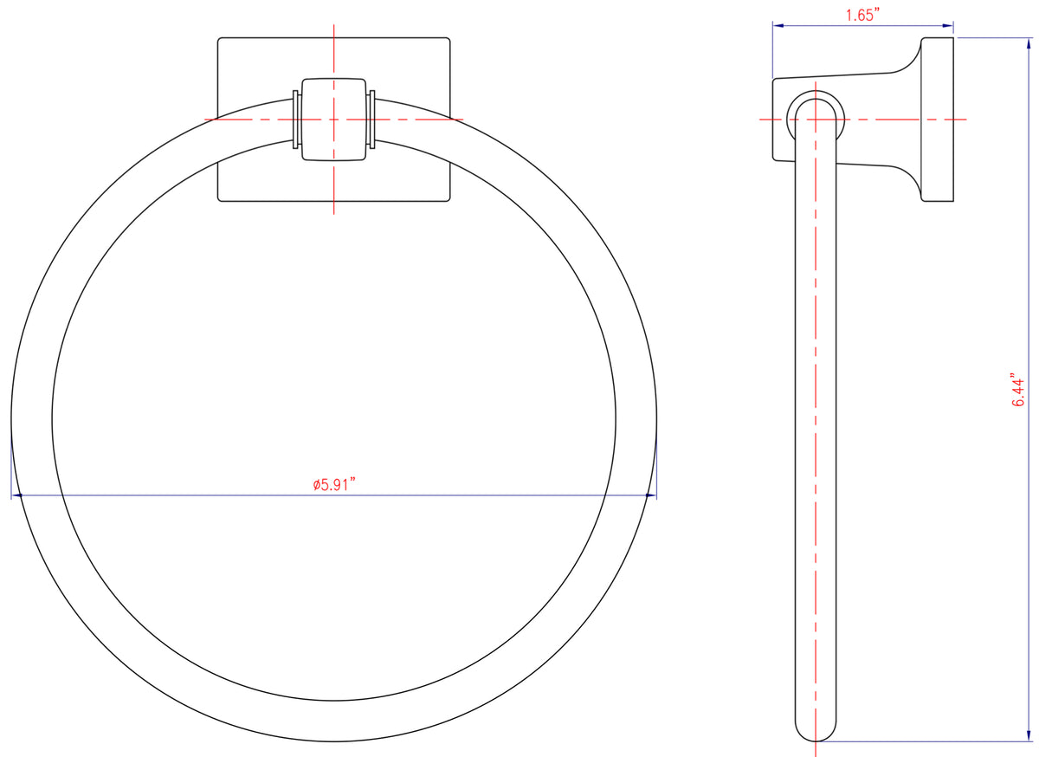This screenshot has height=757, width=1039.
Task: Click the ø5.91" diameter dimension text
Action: [x=334, y=485]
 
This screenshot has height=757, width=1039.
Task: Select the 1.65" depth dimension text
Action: [x=863, y=15]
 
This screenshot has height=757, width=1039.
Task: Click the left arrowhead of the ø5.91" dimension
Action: [x=16, y=495]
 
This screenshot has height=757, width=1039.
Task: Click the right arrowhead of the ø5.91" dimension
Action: [x=652, y=495]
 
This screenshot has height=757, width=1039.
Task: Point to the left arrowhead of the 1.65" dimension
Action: [x=777, y=26]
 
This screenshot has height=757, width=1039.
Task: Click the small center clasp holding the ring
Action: [x=334, y=120]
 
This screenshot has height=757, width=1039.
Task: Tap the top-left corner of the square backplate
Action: [x=220, y=40]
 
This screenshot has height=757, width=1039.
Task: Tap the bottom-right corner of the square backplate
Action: [x=449, y=200]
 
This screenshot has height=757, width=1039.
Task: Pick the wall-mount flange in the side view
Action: [x=937, y=120]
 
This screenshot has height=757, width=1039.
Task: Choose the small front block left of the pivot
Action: [x=778, y=120]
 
